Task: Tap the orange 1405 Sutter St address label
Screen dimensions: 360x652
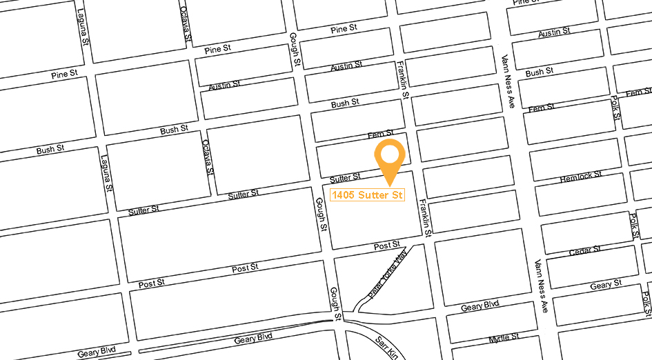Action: [x=367, y=195]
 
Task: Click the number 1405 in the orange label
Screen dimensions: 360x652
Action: [x=344, y=195]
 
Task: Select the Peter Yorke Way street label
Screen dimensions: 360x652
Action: [x=388, y=274]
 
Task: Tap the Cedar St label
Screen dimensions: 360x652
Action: [x=585, y=250]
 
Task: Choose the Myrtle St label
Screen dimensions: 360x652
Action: [x=504, y=338]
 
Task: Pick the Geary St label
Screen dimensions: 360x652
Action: [x=606, y=284]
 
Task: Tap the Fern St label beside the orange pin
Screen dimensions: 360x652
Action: [x=380, y=134]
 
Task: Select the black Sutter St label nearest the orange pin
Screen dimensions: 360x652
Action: [x=346, y=178]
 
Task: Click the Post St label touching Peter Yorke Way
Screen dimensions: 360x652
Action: [x=387, y=246]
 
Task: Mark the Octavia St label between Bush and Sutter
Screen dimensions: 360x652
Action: [x=208, y=157]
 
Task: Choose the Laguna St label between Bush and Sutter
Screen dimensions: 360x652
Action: [x=106, y=175]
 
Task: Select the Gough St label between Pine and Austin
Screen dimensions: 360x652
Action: [x=294, y=50]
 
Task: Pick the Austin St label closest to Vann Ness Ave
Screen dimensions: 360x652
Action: [x=554, y=33]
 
